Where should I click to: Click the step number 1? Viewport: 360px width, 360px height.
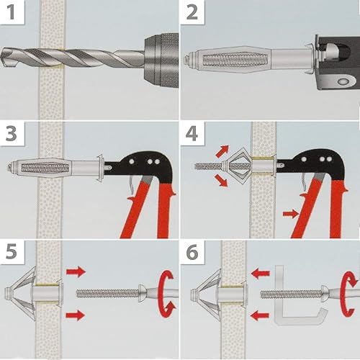(12, 12)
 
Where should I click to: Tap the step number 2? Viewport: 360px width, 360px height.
(192, 12)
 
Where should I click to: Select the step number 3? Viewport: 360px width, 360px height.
(11, 133)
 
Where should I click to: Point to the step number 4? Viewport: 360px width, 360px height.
(192, 133)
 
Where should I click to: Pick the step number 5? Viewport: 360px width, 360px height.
(12, 252)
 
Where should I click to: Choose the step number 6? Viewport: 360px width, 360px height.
(192, 252)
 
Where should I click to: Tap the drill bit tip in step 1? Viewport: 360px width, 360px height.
(4, 57)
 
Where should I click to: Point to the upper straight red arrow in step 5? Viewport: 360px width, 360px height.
(76, 272)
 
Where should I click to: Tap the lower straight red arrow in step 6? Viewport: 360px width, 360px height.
(260, 315)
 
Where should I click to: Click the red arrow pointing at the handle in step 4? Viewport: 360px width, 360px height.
(291, 214)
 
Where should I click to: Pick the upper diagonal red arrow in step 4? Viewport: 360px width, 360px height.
(222, 151)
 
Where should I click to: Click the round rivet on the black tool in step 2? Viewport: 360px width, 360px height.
(343, 81)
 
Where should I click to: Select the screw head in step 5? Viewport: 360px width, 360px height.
(141, 293)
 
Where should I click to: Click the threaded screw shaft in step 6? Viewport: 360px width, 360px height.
(291, 294)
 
